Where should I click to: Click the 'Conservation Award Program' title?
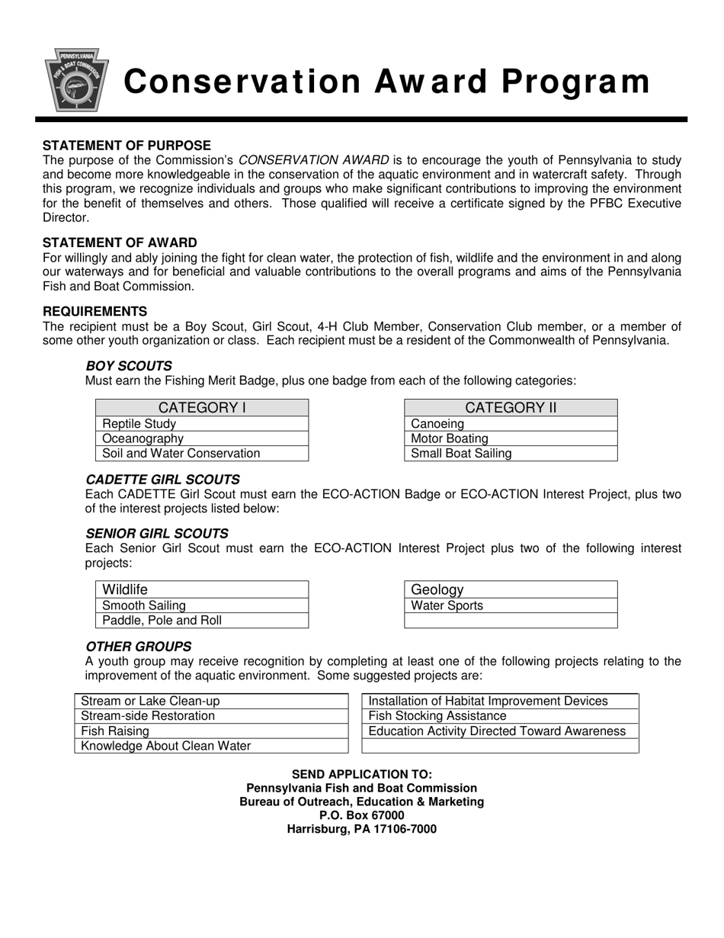click(x=387, y=82)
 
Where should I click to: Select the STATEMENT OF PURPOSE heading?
click(x=127, y=146)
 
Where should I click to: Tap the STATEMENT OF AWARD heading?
click(x=120, y=243)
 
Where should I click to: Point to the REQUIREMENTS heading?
click(x=95, y=311)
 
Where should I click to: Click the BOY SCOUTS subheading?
click(x=129, y=366)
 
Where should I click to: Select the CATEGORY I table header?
click(x=202, y=408)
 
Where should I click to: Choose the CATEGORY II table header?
click(x=511, y=408)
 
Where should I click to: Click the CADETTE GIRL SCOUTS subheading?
click(x=162, y=480)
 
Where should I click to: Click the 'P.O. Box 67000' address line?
click(x=362, y=815)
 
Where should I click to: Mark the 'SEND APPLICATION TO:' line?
click(x=362, y=774)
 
